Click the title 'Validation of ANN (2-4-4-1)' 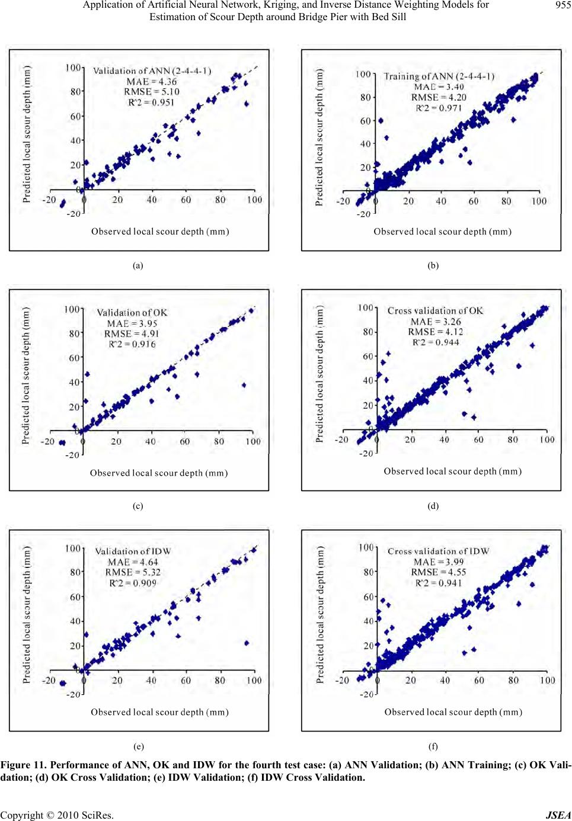[x=152, y=71]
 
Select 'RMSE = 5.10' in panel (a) [x=151, y=92]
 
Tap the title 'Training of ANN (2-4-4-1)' [x=439, y=76]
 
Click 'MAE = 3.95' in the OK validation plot [x=132, y=323]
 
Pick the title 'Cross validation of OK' [x=435, y=311]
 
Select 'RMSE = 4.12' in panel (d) [x=435, y=332]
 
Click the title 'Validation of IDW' [x=133, y=551]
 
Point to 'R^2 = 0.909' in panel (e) [x=133, y=583]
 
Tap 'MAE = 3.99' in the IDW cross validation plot [x=439, y=562]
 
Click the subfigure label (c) [x=138, y=506]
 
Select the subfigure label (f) [x=433, y=747]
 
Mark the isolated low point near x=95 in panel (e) [x=247, y=643]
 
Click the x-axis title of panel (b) [x=442, y=232]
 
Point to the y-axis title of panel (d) [x=320, y=374]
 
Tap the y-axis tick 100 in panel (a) [x=73, y=68]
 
